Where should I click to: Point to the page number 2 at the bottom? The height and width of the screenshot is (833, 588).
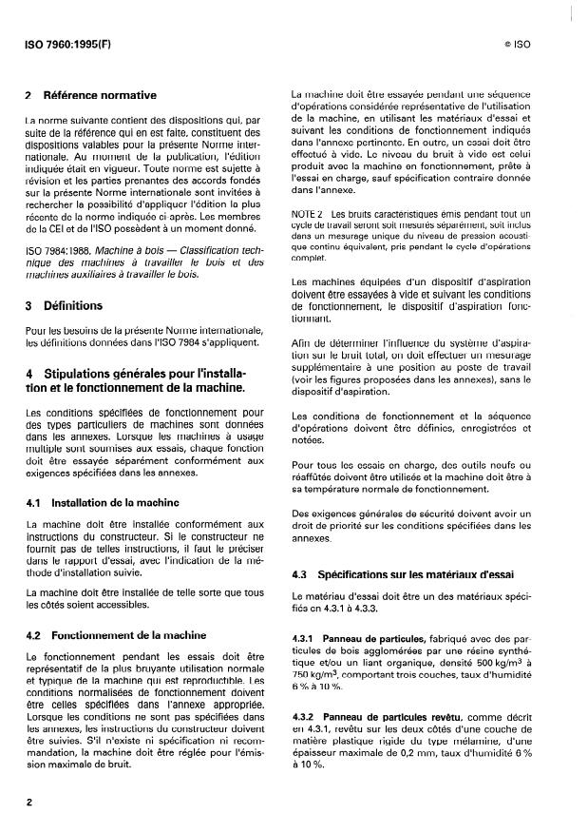point(30,802)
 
